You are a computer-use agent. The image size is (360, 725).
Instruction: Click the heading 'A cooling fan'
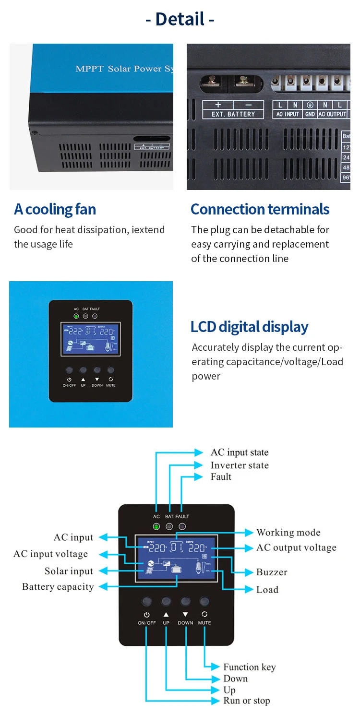55,209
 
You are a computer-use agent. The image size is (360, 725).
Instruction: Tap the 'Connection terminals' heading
260,209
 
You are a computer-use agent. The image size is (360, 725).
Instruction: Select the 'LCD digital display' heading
249,327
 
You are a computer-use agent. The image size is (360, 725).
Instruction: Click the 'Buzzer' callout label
272,572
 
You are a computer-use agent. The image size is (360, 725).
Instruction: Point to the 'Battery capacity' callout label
58,587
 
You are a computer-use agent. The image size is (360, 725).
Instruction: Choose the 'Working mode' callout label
288,532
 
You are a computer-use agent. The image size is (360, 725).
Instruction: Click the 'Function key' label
249,667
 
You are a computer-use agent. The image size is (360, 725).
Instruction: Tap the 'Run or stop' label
246,701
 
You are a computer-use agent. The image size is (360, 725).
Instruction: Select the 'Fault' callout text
221,476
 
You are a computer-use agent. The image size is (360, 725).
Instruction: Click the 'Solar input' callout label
69,571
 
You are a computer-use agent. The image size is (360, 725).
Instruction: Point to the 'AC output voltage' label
296,547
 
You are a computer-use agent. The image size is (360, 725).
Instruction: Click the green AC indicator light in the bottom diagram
156,526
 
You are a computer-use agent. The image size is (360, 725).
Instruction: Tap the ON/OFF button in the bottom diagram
147,601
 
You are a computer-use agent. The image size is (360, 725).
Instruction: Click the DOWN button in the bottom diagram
185,601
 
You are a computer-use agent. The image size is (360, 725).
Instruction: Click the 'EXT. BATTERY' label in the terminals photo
233,114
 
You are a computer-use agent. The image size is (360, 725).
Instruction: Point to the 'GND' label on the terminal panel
310,114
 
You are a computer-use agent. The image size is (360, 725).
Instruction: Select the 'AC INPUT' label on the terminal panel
288,114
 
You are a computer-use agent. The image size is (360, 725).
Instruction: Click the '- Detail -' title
180,19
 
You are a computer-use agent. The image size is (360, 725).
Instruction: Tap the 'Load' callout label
267,590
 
